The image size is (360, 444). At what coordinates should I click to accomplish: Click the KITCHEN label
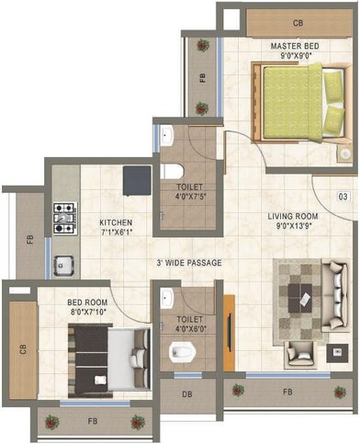tap(116, 222)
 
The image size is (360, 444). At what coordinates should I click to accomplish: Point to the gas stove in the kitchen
tap(64, 217)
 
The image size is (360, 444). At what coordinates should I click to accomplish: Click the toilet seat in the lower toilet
tap(180, 350)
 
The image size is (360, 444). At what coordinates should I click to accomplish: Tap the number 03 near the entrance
tap(343, 197)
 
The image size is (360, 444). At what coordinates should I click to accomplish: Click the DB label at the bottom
tap(186, 394)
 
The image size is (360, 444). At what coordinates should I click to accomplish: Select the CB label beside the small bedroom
tap(22, 348)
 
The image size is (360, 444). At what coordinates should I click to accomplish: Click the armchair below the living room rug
tap(300, 353)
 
